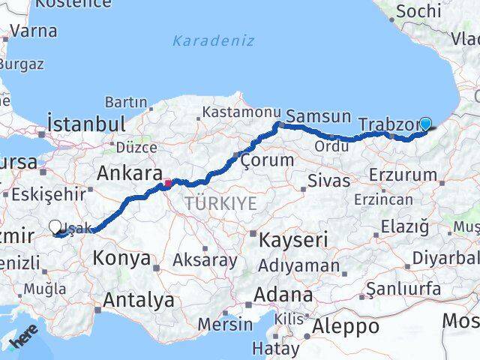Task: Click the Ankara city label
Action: pyautogui.click(x=129, y=173)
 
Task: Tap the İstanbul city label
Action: pyautogui.click(x=85, y=122)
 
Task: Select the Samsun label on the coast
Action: pyautogui.click(x=318, y=116)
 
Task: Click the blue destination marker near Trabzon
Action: pyautogui.click(x=426, y=124)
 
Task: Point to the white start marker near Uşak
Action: pyautogui.click(x=56, y=226)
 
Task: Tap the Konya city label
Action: pyautogui.click(x=121, y=259)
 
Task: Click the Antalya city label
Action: pyautogui.click(x=139, y=301)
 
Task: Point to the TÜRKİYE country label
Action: pyautogui.click(x=221, y=203)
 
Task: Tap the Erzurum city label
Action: pyautogui.click(x=403, y=175)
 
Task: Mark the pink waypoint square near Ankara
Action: pyautogui.click(x=169, y=181)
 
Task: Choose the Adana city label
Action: pyautogui.click(x=283, y=295)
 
